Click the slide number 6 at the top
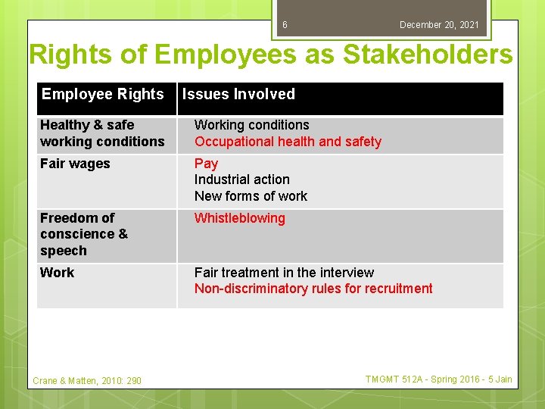[x=285, y=25]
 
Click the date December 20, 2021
[x=439, y=25]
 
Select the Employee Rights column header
[x=102, y=95]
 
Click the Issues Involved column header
[x=238, y=95]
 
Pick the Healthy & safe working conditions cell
[x=102, y=133]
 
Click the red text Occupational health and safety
[x=288, y=142]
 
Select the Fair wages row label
[x=75, y=164]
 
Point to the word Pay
[x=206, y=164]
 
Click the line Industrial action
[x=241, y=180]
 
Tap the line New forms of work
[x=251, y=196]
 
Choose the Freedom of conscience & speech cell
[x=84, y=234]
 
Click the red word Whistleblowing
[x=239, y=218]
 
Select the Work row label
[x=57, y=273]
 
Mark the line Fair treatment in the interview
[x=284, y=273]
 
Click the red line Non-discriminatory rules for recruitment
[x=313, y=289]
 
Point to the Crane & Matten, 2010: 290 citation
[x=87, y=381]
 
